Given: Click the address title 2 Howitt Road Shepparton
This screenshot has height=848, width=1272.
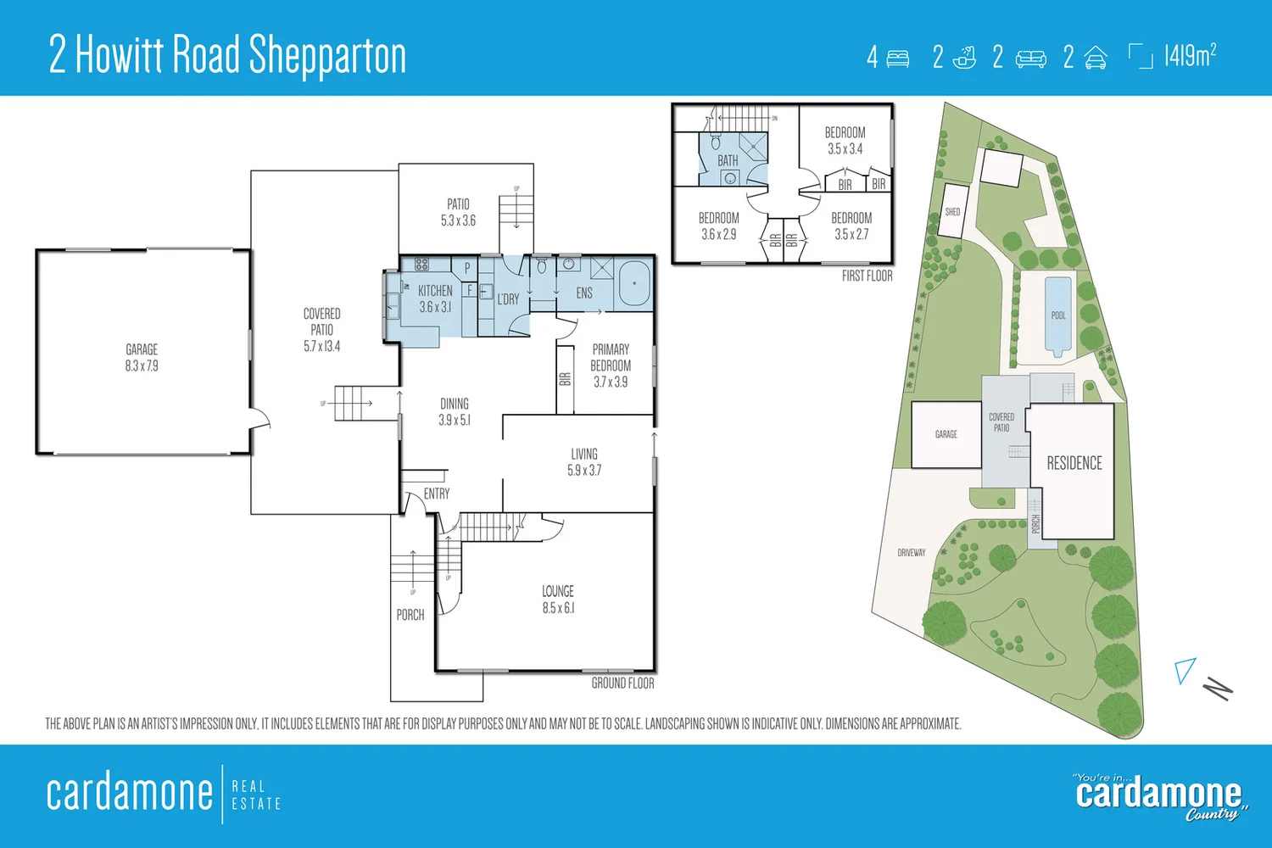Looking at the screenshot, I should pos(227,55).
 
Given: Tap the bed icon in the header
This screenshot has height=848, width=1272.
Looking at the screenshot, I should pos(897,58).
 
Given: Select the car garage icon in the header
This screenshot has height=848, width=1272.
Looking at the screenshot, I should pos(1095,58).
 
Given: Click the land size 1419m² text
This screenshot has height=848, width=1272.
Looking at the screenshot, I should pos(1190,56).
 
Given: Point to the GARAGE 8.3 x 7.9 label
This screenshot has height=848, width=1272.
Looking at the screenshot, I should pos(142,357).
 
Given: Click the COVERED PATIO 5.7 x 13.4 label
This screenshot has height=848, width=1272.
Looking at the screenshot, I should pos(321,329).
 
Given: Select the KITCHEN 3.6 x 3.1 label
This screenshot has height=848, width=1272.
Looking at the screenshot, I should pos(435,298).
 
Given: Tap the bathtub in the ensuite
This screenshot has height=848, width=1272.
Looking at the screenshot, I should pos(634,284).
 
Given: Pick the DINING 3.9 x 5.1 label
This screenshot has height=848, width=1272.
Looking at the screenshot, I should pos(455,411).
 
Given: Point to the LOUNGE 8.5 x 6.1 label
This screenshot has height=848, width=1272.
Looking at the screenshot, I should pos(558,599).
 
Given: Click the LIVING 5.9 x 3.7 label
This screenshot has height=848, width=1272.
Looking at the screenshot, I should pos(584,461).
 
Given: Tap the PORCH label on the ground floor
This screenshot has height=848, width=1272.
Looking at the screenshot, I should pos(410,615).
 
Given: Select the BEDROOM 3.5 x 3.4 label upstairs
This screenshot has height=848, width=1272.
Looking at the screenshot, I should pos(845,140).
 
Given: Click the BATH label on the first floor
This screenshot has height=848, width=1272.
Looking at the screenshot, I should pos(728,160).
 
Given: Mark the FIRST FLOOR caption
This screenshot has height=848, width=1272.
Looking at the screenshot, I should pos(867,276).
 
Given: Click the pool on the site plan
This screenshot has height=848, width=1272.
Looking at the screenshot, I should pos(1057,315).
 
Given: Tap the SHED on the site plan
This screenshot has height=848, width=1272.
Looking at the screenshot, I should pos(953,211).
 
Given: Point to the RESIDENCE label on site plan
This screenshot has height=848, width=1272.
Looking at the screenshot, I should pos(1074,463).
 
